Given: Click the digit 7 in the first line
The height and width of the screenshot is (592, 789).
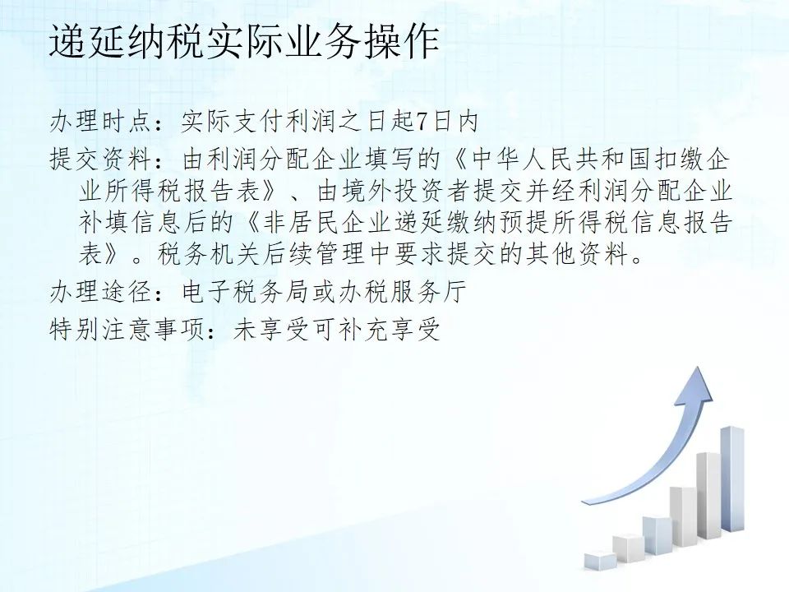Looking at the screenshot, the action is [x=421, y=122].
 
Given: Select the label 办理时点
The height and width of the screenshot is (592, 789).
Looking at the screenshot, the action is [x=102, y=122].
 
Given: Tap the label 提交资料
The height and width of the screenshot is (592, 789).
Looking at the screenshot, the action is [x=102, y=160].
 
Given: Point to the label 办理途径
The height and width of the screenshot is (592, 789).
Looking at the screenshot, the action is [x=102, y=293].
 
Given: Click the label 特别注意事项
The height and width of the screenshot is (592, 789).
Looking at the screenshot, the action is [x=128, y=331].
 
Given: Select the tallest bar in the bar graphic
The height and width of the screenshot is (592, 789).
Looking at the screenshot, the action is [x=732, y=479].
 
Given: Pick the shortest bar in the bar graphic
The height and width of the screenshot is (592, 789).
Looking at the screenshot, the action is [x=600, y=562].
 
